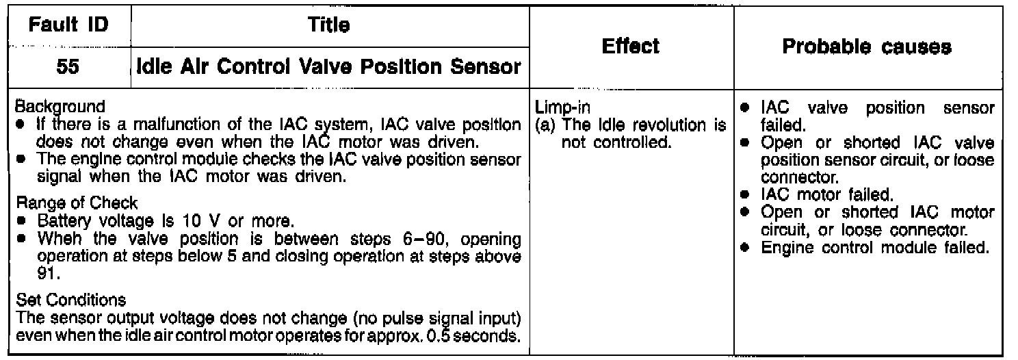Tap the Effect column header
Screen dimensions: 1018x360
pos(630,47)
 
